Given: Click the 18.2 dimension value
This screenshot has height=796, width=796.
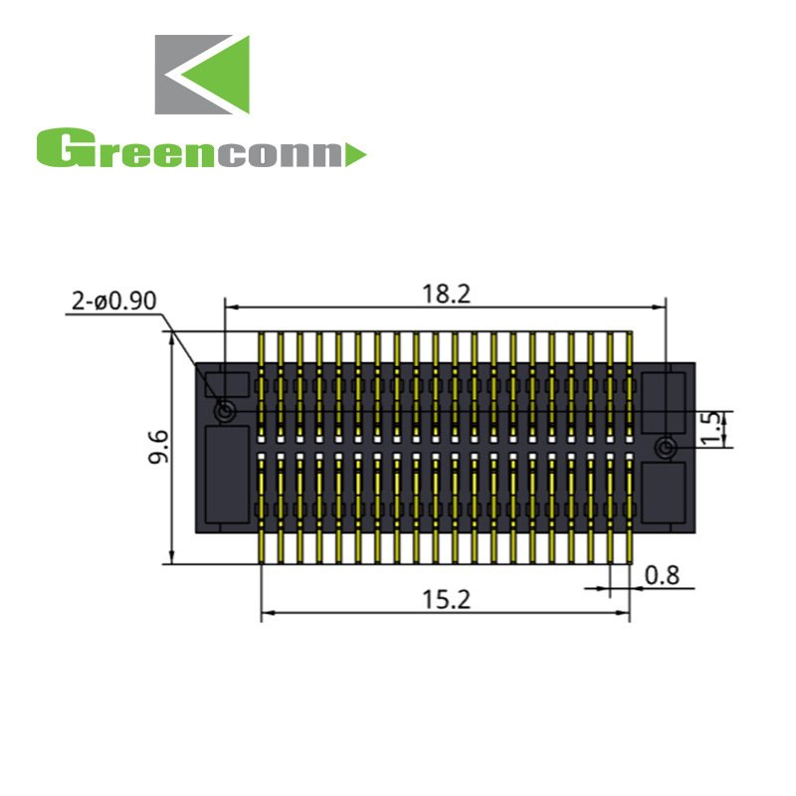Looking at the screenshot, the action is tap(446, 294).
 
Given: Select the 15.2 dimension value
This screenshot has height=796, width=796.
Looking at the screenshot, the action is tap(446, 600).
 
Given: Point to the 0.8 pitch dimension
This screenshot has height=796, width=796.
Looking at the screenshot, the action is tap(662, 574).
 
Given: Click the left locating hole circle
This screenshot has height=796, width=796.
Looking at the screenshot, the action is tap(226, 410).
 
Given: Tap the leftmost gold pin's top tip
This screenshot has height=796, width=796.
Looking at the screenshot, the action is tap(262, 336).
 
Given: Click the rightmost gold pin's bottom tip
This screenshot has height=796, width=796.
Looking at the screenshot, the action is tap(630, 559).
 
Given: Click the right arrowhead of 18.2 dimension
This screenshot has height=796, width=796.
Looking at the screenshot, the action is tap(660, 306).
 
